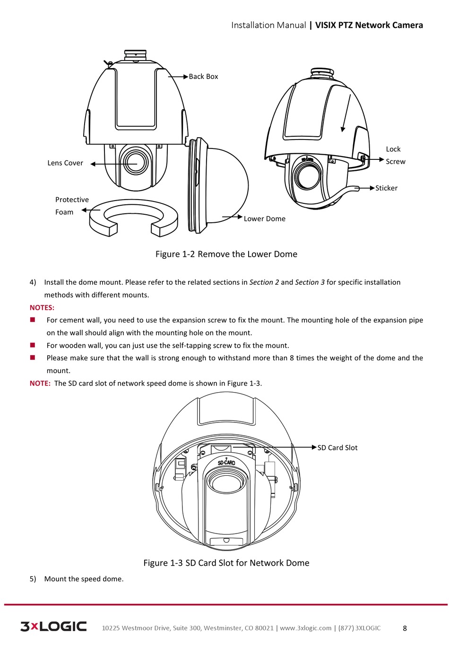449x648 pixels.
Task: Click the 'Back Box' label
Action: (203, 77)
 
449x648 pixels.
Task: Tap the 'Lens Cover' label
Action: (65, 163)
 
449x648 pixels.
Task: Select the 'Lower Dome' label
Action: (264, 219)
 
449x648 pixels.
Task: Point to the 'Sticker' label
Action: (386, 188)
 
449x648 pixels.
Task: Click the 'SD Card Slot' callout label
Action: (337, 448)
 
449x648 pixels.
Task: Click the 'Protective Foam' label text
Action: (71, 206)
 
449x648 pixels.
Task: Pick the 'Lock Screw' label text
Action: (395, 155)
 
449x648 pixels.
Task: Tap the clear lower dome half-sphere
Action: (227, 184)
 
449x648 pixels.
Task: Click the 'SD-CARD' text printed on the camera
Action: (226, 463)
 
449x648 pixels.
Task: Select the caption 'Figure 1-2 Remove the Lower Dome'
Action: (226, 254)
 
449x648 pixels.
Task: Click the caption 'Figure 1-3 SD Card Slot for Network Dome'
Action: (226, 563)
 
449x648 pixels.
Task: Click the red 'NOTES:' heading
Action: (42, 307)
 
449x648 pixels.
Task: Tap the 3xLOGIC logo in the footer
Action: (53, 627)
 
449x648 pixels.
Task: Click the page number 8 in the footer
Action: (405, 628)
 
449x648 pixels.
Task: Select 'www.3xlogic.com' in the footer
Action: (306, 628)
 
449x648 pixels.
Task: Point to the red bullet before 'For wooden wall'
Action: (33, 345)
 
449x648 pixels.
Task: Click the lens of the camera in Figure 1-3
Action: (226, 482)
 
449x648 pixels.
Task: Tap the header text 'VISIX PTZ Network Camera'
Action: (369, 26)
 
